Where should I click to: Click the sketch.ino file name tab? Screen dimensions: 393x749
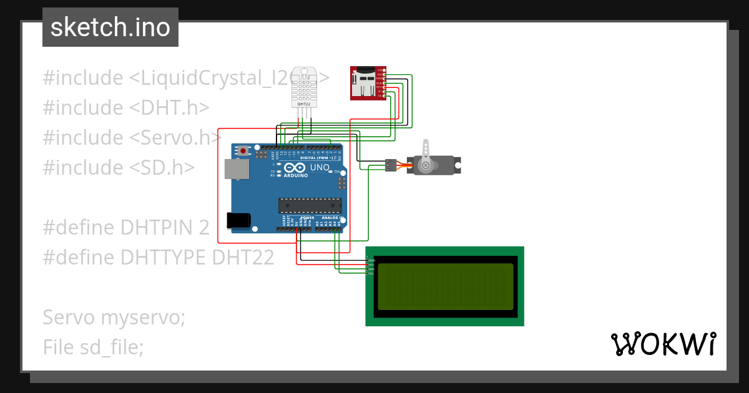110,27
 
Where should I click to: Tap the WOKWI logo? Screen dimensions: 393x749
662,344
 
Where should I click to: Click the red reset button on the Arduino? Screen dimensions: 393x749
243,150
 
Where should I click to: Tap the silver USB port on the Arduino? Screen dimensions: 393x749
235,168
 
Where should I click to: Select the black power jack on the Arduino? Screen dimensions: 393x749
238,220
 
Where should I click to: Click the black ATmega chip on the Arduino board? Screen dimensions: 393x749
310,205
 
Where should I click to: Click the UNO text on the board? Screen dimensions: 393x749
320,168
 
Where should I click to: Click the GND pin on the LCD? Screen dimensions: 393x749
371,260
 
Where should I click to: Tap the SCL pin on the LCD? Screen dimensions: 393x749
371,273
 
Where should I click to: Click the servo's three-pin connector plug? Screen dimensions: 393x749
390,165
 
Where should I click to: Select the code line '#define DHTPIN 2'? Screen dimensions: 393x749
125,228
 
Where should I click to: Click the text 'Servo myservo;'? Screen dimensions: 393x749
114,318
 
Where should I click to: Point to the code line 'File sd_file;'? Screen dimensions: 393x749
93,347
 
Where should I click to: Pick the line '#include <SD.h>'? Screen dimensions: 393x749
118,167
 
